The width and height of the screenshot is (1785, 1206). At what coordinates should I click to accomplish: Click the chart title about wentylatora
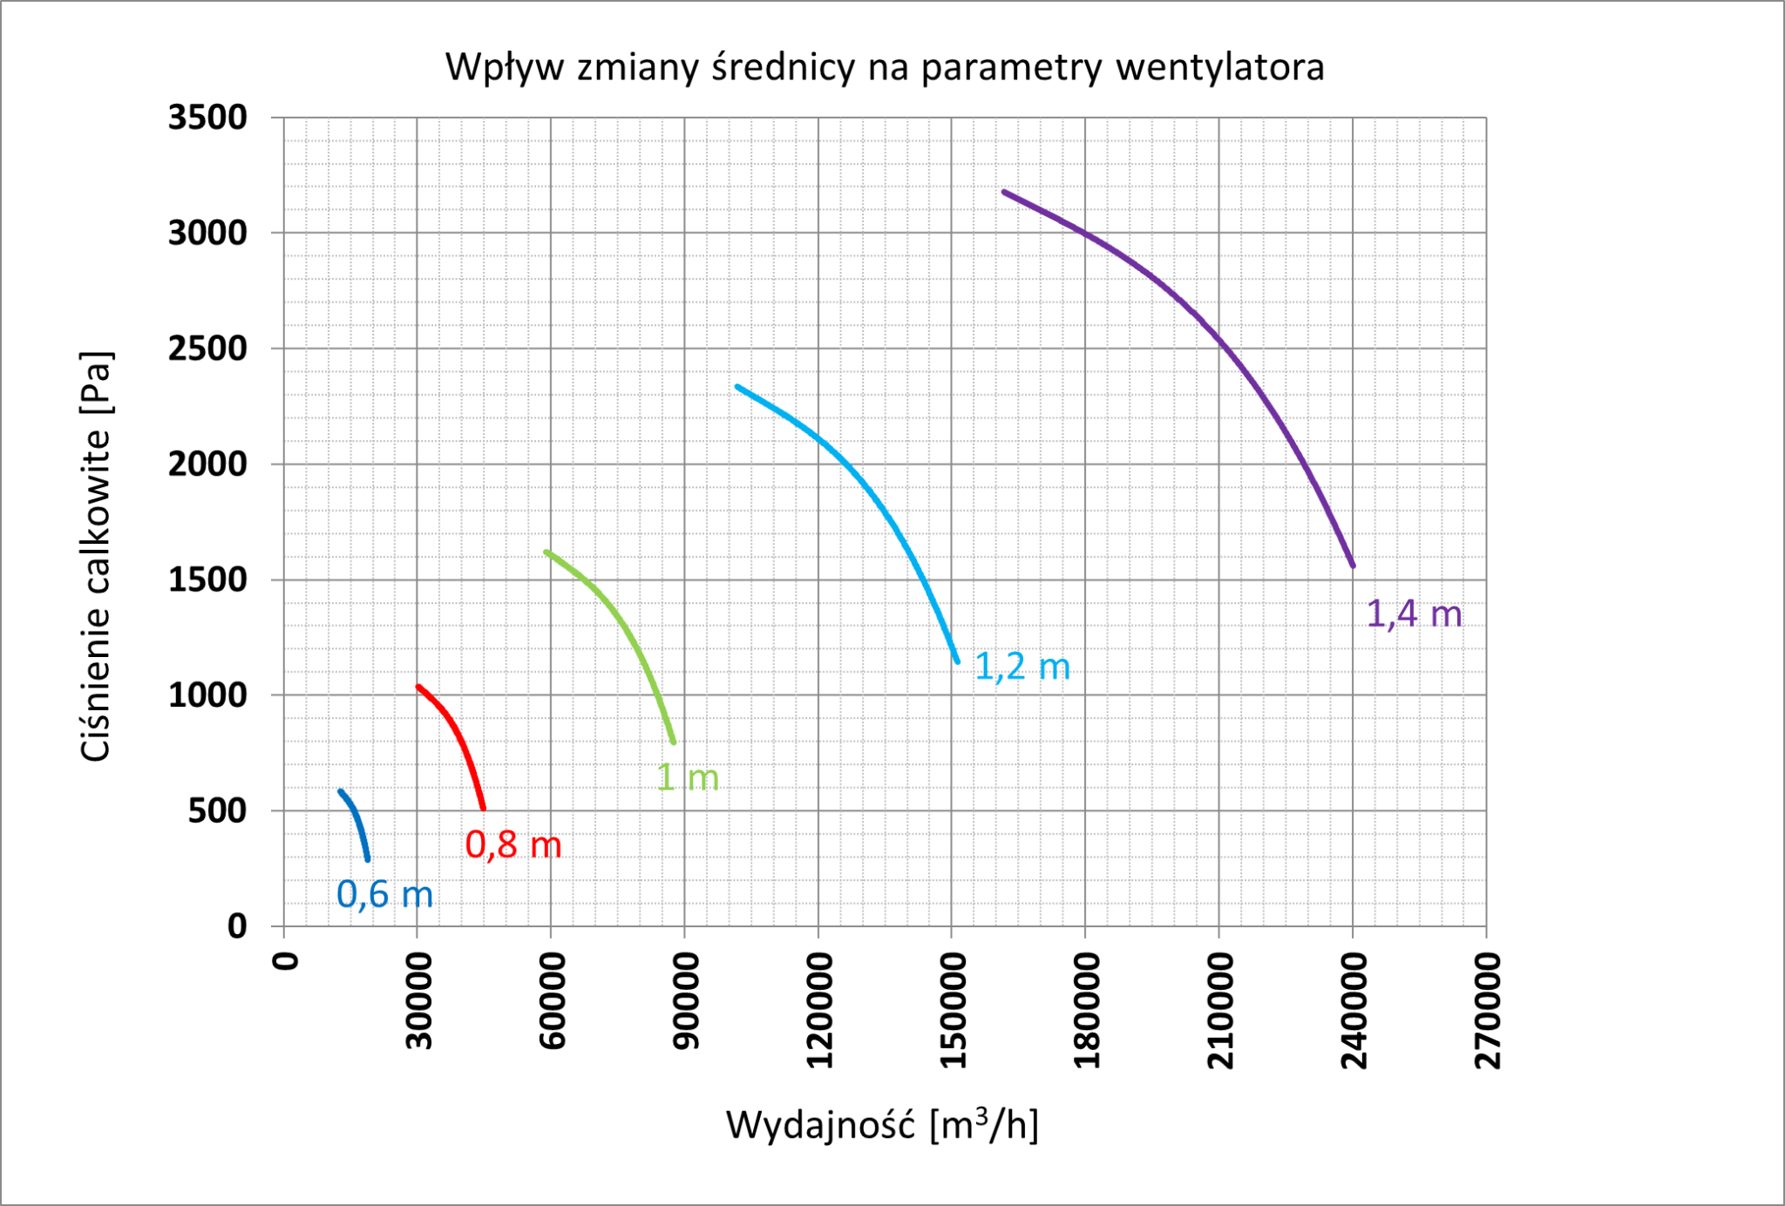(x=884, y=67)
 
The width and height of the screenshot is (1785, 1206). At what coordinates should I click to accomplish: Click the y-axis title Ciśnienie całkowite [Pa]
(x=96, y=557)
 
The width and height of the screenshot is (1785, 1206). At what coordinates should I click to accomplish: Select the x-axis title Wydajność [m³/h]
(x=882, y=1125)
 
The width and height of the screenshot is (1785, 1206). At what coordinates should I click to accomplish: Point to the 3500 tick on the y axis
(x=207, y=118)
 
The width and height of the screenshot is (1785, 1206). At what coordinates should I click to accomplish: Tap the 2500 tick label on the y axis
(x=207, y=349)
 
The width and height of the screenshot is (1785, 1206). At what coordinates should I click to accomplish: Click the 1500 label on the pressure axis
(x=207, y=579)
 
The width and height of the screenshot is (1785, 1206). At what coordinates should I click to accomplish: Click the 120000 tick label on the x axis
(x=819, y=1010)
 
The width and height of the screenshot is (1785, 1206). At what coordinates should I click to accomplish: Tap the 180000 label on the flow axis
(x=1087, y=1010)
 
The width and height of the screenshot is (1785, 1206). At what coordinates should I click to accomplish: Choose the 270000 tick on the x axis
(x=1488, y=1010)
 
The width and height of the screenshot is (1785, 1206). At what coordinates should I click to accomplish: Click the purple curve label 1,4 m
(x=1414, y=614)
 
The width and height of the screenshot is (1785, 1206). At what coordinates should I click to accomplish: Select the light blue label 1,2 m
(x=1021, y=667)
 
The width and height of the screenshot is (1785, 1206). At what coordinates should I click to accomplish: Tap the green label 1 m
(x=688, y=777)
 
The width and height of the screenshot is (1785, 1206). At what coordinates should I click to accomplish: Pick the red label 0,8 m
(x=513, y=844)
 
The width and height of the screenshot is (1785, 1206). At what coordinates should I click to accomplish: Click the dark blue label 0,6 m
(x=384, y=895)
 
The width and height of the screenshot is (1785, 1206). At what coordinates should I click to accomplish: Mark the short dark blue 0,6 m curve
(x=358, y=819)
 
